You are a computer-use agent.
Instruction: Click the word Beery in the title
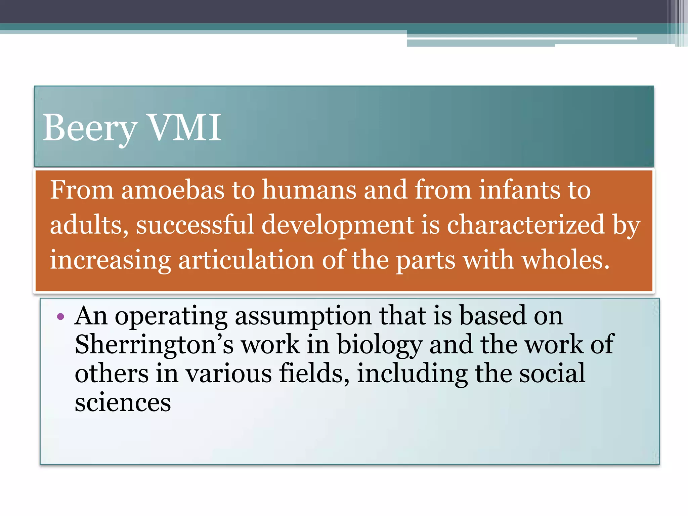click(90, 128)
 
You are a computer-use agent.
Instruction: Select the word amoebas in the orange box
click(173, 190)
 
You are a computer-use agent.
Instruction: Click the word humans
click(309, 190)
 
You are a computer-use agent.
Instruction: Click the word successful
click(195, 225)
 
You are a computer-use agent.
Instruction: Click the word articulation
click(246, 260)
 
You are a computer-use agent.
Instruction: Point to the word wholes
click(566, 260)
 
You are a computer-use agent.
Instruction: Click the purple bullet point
click(60, 316)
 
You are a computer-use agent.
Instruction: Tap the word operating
click(171, 316)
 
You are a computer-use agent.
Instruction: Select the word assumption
click(303, 316)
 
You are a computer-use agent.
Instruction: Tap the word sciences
click(123, 402)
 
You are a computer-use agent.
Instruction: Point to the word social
click(552, 374)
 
